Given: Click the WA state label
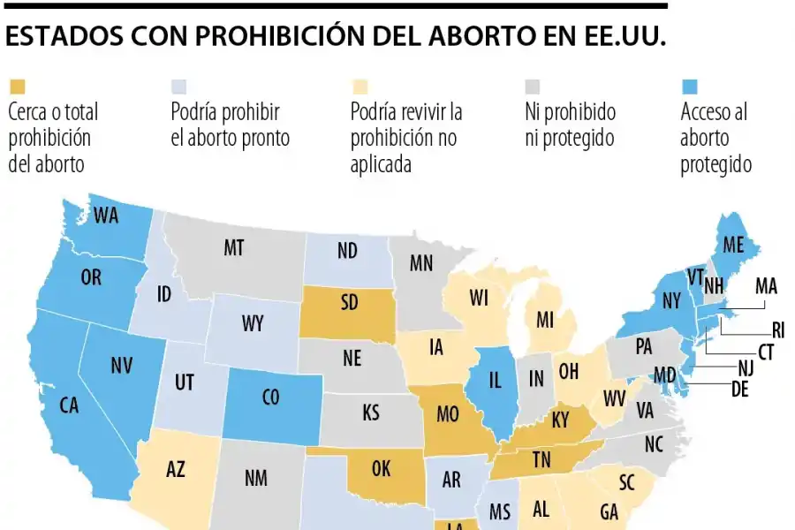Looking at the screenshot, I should tap(106, 215).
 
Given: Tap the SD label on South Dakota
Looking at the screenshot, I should tap(350, 303).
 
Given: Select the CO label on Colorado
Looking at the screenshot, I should tap(270, 398).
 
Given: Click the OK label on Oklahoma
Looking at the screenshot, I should tap(381, 469).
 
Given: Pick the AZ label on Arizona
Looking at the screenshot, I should tap(176, 470).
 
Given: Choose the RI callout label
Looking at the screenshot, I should tap(778, 330).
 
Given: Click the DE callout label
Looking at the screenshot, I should tap(739, 390).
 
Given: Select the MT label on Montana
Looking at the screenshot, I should tap(233, 249).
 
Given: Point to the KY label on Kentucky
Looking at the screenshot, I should tap(560, 420).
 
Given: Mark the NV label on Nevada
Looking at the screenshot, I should tap(122, 365).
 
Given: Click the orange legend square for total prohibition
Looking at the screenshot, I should tap(18, 87).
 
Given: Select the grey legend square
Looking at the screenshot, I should tap(534, 87).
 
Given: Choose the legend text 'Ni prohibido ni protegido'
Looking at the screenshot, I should tap(571, 125).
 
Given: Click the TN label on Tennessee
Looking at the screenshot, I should tap(541, 460).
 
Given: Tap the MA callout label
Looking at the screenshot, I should tap(766, 286).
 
